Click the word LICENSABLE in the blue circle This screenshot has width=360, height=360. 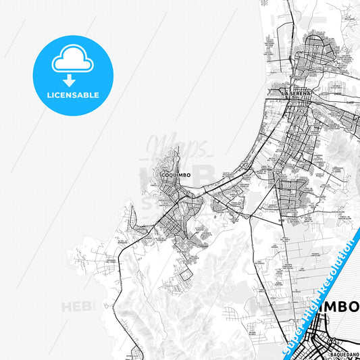click(73, 95)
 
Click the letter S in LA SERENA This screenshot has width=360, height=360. click(291, 92)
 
